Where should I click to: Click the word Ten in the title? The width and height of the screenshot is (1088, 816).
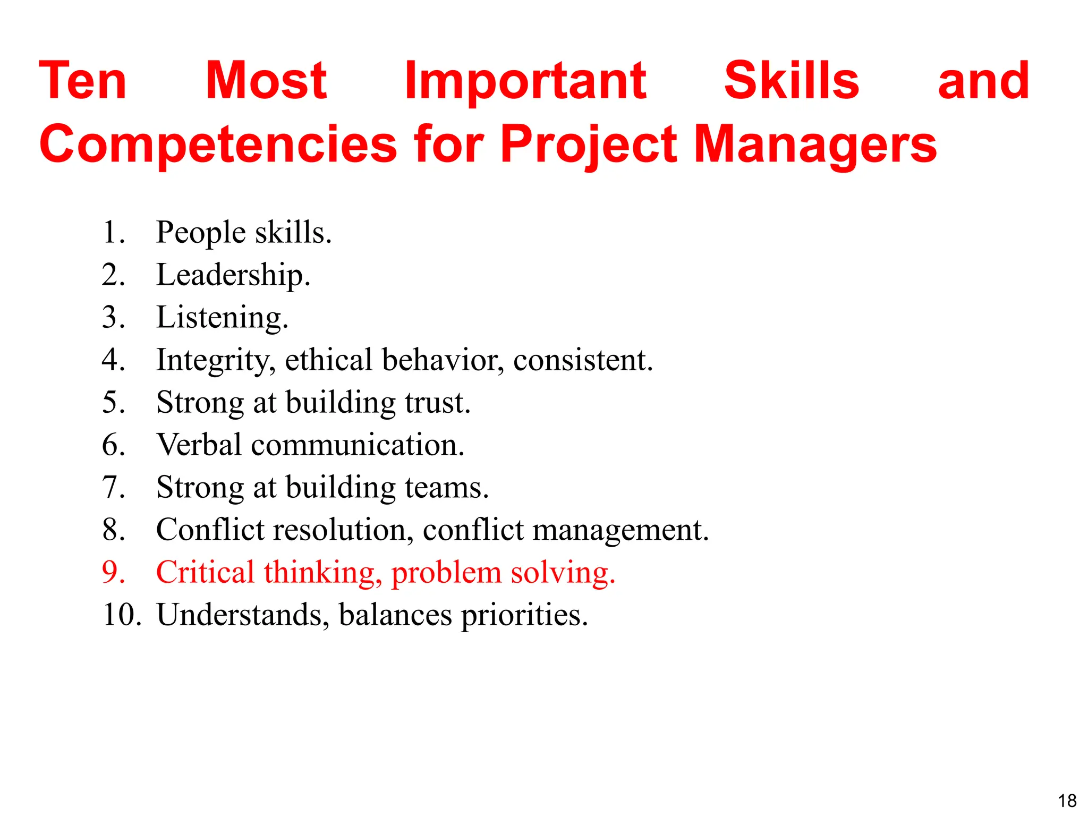[x=83, y=81]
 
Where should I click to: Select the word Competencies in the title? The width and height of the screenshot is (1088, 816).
[x=218, y=145]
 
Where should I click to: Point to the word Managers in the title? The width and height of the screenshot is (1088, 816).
[x=815, y=145]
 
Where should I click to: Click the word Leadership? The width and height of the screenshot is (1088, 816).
[x=233, y=275]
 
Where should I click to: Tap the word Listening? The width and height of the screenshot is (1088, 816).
[x=222, y=318]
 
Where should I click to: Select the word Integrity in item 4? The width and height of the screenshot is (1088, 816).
[x=216, y=361]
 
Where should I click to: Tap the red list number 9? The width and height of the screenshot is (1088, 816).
[x=113, y=572]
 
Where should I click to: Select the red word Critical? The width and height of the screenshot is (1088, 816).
[x=206, y=572]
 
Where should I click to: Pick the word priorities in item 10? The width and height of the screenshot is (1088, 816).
[x=524, y=616]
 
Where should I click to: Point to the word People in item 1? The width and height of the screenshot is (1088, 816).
[x=201, y=233]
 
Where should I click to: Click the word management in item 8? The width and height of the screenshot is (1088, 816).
[x=620, y=531]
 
